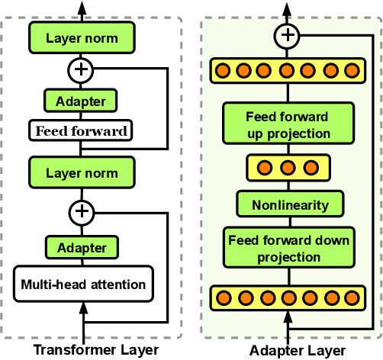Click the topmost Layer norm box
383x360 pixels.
tap(81, 37)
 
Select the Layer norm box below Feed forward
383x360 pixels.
tap(81, 172)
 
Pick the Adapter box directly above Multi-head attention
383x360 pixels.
tap(81, 248)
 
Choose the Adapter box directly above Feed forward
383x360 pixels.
tap(81, 100)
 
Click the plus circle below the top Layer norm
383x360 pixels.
tap(81, 70)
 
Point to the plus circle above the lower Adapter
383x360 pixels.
tap(81, 211)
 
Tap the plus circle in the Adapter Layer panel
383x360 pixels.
tap(288, 34)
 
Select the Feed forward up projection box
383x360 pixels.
tap(288, 125)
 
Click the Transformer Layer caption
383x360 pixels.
tap(95, 350)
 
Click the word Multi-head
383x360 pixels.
tap(50, 284)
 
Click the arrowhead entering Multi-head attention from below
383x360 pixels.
tap(81, 307)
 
